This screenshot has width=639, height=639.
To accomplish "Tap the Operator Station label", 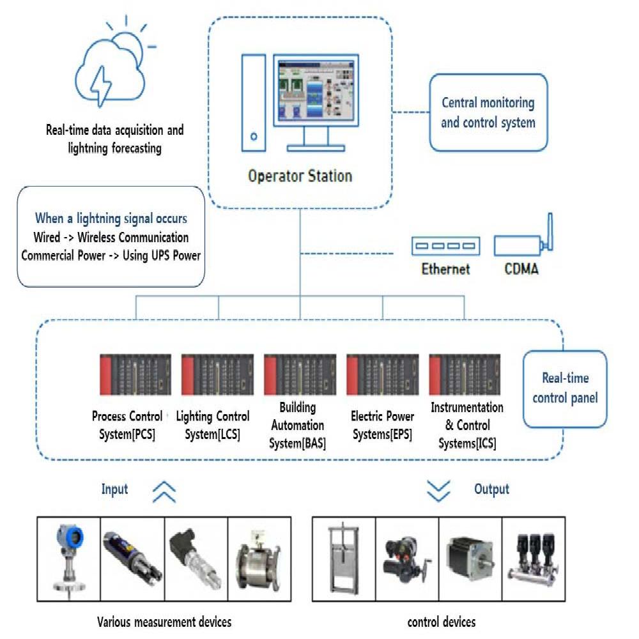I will pos(300,175).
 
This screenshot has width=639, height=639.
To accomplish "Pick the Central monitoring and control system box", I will pos(488,112).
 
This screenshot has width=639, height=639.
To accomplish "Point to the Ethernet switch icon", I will pos(445,245).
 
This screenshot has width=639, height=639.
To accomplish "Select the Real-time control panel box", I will pos(564,389).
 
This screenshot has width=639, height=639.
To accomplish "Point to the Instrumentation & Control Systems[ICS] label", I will pos(466,426).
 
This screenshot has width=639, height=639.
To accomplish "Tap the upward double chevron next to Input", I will pos(164,491).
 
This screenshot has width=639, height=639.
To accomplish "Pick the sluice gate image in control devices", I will pos(343,559).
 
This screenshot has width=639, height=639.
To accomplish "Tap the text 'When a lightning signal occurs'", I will pos(111,219).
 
